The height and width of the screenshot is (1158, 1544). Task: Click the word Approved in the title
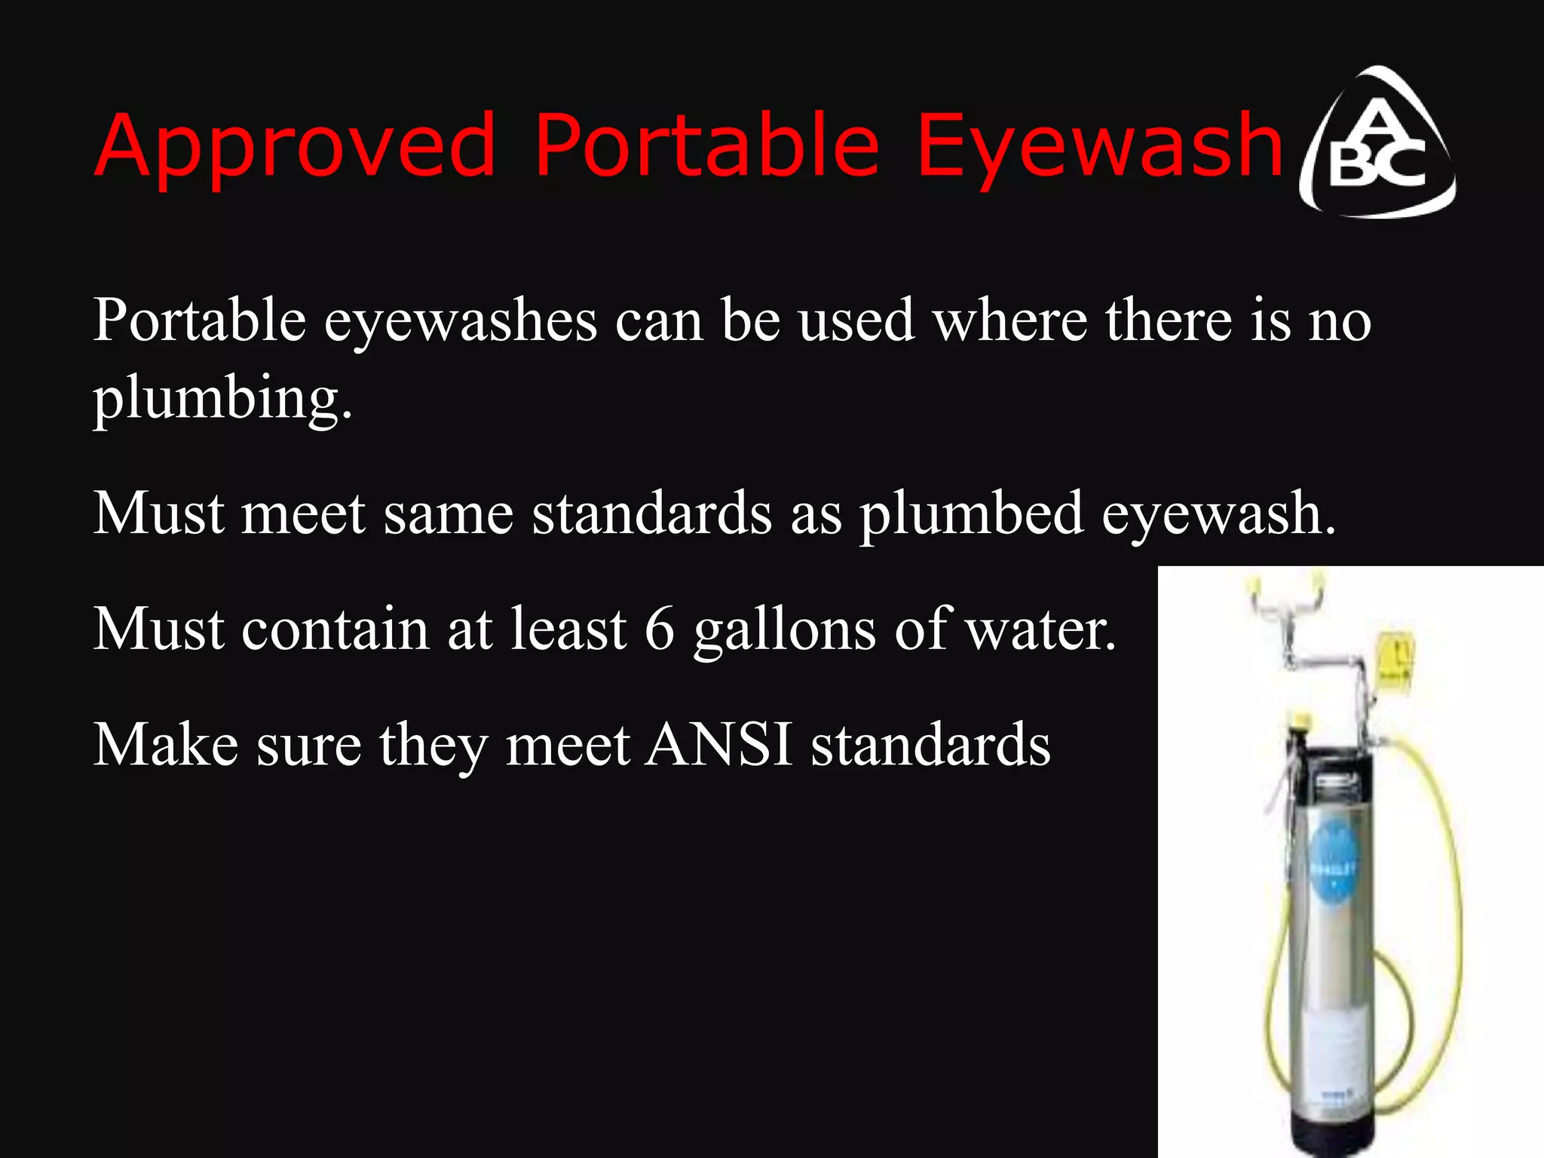(x=295, y=148)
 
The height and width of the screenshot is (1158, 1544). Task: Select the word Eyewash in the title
(x=1100, y=148)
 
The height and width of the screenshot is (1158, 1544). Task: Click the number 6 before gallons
(x=659, y=629)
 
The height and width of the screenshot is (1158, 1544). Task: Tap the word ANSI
(x=719, y=745)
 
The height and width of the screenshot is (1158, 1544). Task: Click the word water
(x=1040, y=629)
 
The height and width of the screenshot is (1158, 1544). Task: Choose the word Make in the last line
(x=166, y=745)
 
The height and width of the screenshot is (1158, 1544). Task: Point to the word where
(x=1009, y=321)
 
